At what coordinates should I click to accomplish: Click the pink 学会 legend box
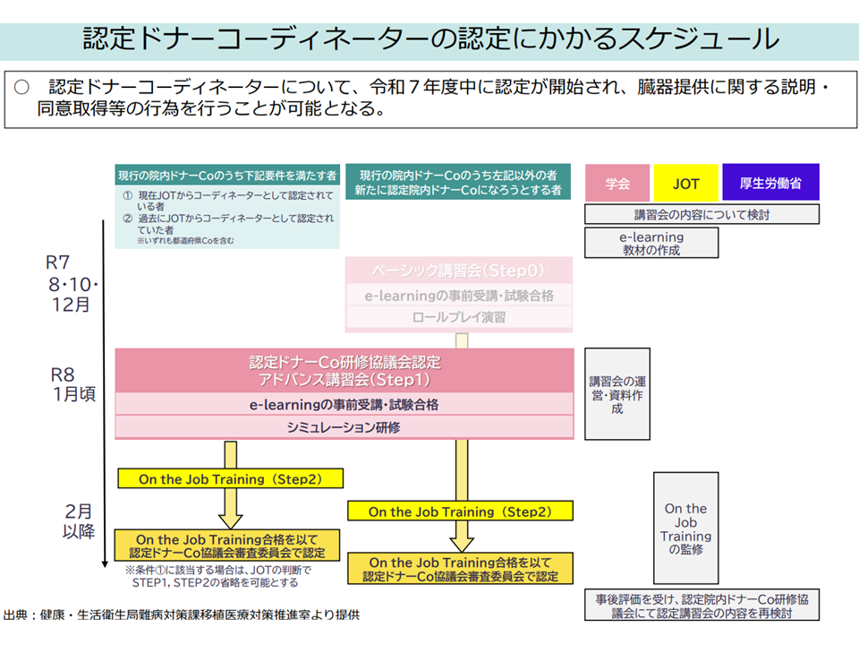tap(617, 184)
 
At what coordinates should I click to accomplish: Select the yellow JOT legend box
tap(686, 184)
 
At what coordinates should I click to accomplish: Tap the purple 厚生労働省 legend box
tap(770, 184)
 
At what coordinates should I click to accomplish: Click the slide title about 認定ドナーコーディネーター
tap(429, 39)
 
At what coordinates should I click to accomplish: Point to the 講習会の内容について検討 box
tap(702, 215)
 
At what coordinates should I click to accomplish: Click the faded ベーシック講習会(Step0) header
tap(459, 270)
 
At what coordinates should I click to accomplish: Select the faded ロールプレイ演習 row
tap(459, 317)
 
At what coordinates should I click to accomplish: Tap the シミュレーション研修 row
tap(344, 428)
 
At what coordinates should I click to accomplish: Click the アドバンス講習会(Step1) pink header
tap(344, 370)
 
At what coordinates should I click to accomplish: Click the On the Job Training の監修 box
tap(685, 529)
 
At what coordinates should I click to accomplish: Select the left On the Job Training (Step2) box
tap(230, 479)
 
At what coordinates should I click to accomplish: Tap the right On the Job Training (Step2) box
tap(460, 512)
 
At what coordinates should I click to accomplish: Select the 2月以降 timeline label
tap(79, 520)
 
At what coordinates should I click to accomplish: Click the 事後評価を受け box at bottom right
tap(702, 606)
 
